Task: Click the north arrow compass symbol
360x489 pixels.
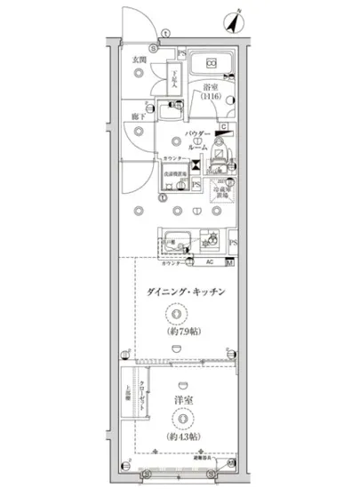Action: [236, 20]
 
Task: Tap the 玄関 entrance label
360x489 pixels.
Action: [140, 60]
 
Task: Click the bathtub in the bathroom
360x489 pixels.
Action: [212, 68]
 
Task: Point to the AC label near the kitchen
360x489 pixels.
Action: [210, 263]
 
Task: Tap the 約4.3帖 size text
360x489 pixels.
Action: [181, 437]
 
